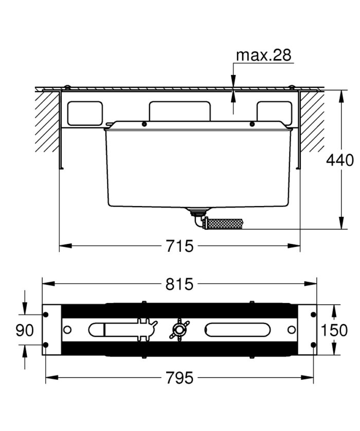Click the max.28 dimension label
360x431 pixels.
[263, 55]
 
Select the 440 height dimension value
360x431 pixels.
[340, 160]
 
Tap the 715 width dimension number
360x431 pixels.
[179, 246]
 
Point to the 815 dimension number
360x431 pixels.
[179, 284]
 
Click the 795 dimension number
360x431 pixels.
[179, 378]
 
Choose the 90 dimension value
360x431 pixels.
[25, 330]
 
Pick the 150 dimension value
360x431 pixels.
[334, 330]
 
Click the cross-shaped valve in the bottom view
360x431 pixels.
[179, 329]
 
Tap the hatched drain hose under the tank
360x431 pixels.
[223, 223]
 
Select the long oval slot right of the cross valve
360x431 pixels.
[238, 329]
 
